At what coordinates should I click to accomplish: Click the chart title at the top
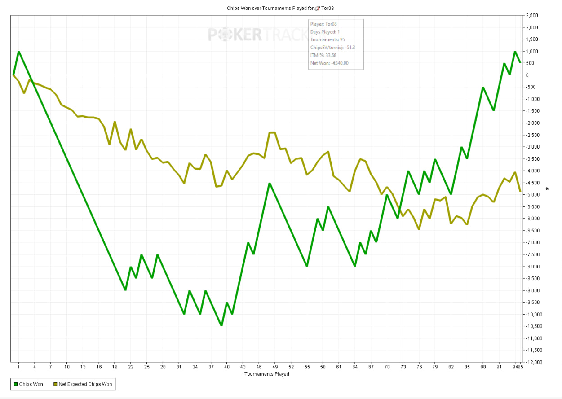[281, 8]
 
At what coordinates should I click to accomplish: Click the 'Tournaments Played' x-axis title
[267, 374]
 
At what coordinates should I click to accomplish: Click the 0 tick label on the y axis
[527, 75]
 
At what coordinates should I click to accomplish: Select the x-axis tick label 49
[275, 367]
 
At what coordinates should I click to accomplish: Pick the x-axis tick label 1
[18, 367]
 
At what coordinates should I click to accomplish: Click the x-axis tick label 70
[387, 367]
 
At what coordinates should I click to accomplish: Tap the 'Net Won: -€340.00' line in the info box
[329, 63]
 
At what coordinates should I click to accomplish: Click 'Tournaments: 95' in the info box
[327, 40]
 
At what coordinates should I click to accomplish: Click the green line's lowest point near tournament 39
[221, 325]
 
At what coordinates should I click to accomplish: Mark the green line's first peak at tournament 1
[18, 52]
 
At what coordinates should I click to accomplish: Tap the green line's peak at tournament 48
[269, 183]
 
